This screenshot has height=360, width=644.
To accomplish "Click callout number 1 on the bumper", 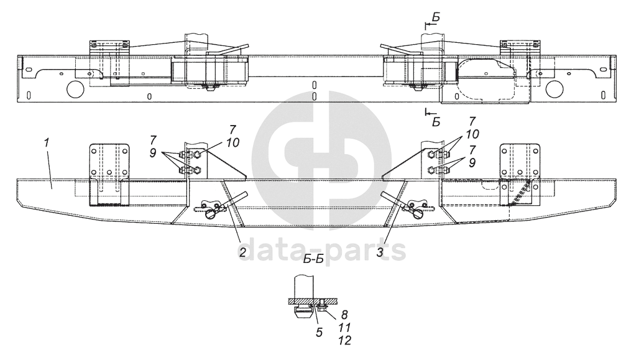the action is (x=47, y=144).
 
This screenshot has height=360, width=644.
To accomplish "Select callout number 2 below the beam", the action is (x=242, y=252).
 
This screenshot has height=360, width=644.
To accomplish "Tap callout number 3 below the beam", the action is (x=379, y=252).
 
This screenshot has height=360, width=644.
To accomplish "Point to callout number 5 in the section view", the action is (x=319, y=331).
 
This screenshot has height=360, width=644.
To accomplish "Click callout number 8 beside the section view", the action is (x=344, y=315).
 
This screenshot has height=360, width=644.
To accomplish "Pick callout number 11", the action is (x=344, y=328).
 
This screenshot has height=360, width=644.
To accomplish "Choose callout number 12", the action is (x=344, y=340).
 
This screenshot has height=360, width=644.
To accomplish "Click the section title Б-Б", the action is (x=314, y=259).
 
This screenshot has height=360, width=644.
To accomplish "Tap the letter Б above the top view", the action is (x=436, y=17).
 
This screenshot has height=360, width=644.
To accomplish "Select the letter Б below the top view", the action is (x=436, y=122).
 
